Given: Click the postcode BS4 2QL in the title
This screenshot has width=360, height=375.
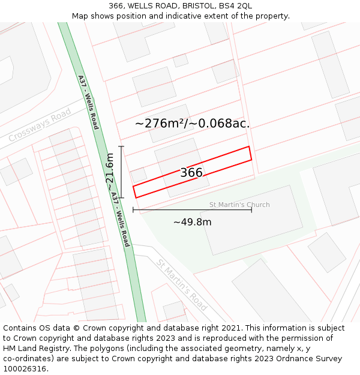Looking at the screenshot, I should click(x=235, y=5).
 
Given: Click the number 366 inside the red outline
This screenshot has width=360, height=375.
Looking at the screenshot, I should click(x=191, y=173).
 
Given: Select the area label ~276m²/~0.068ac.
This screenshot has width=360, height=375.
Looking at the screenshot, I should click(x=192, y=124).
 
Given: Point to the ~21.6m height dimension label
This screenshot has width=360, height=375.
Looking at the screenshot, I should click(x=110, y=172).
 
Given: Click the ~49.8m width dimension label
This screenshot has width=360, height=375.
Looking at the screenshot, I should click(x=192, y=222).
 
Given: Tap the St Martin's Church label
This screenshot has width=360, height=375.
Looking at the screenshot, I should click(x=239, y=205).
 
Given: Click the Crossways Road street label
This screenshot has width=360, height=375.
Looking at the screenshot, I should click(x=40, y=125).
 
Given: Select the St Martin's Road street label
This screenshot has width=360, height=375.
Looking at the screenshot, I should click(x=182, y=284).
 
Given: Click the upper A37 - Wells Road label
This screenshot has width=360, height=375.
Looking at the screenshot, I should click(x=88, y=102).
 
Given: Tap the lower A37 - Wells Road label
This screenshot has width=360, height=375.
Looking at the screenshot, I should click(x=121, y=220).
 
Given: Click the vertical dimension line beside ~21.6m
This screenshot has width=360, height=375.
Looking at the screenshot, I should click(x=122, y=172).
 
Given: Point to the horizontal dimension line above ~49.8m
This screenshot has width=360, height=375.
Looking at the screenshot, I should click(x=192, y=210).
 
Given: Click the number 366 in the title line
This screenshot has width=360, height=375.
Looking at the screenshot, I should click(x=116, y=5).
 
